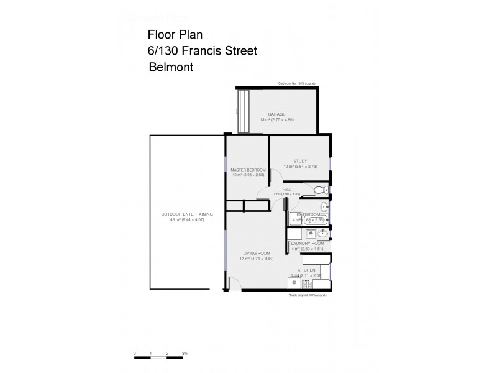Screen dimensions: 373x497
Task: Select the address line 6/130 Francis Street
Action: click(x=203, y=51)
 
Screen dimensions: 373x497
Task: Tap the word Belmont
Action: click(x=171, y=67)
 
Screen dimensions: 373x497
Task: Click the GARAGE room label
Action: click(x=276, y=114)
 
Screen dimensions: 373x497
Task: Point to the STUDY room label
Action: click(x=300, y=161)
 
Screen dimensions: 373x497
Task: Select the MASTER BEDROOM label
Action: click(x=248, y=170)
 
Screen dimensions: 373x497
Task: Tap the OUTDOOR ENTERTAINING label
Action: click(x=187, y=214)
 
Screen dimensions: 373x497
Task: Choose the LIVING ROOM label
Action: click(x=255, y=253)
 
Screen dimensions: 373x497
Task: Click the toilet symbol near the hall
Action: click(x=319, y=190)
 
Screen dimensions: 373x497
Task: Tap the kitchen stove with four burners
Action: click(x=308, y=283)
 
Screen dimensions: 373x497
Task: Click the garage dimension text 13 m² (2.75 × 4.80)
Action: click(x=276, y=119)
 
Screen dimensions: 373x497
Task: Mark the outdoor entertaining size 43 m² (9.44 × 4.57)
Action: click(x=187, y=219)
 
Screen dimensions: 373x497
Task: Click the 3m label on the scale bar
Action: click(x=185, y=353)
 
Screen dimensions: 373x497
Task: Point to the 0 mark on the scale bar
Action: click(x=135, y=353)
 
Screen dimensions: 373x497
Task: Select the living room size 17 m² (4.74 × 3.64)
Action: click(x=255, y=259)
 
